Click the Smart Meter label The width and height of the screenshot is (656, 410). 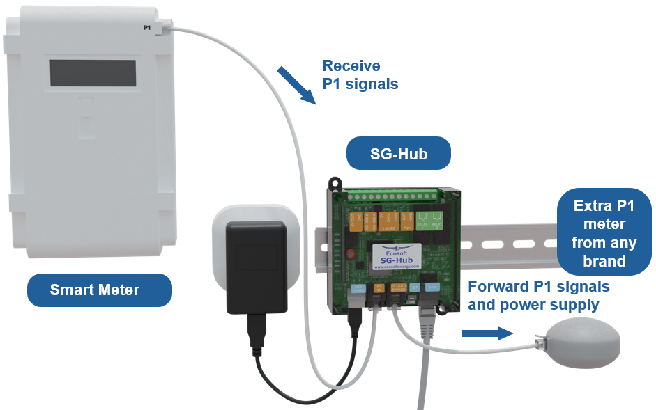pyautogui.click(x=99, y=290)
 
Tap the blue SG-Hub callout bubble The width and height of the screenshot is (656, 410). pyautogui.click(x=399, y=152)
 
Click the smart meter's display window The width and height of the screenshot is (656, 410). pyautogui.click(x=93, y=73)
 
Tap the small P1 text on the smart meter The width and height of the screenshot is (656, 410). pyautogui.click(x=147, y=27)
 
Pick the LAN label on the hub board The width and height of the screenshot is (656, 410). pyautogui.click(x=432, y=287)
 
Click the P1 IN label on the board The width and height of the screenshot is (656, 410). pyautogui.click(x=379, y=287)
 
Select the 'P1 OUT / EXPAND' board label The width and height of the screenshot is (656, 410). pyautogui.click(x=399, y=287)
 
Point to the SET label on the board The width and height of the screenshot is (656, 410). pyautogui.click(x=415, y=287)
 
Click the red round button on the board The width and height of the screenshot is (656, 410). pyautogui.click(x=351, y=253)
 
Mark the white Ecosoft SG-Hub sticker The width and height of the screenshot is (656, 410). pyautogui.click(x=397, y=255)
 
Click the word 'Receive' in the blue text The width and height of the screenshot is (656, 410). pyautogui.click(x=351, y=66)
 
